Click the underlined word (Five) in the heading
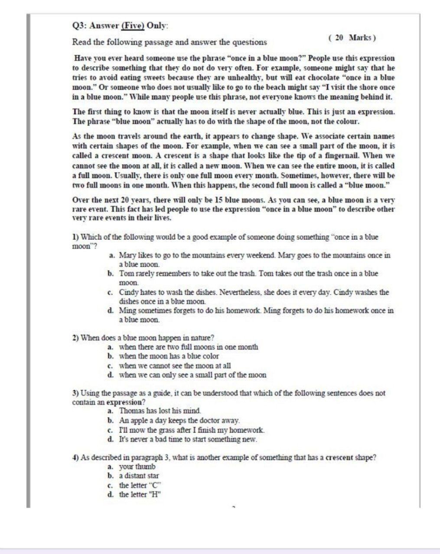(133, 26)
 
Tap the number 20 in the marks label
(339, 38)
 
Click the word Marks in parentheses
(360, 38)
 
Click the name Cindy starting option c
(129, 292)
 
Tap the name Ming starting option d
(128, 310)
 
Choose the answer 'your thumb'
(137, 467)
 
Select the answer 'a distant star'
(139, 476)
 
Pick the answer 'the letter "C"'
(140, 485)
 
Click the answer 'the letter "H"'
(140, 494)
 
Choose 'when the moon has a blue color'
(169, 356)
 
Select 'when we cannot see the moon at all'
(175, 366)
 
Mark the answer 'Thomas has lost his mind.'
(160, 411)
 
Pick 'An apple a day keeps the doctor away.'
(179, 420)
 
